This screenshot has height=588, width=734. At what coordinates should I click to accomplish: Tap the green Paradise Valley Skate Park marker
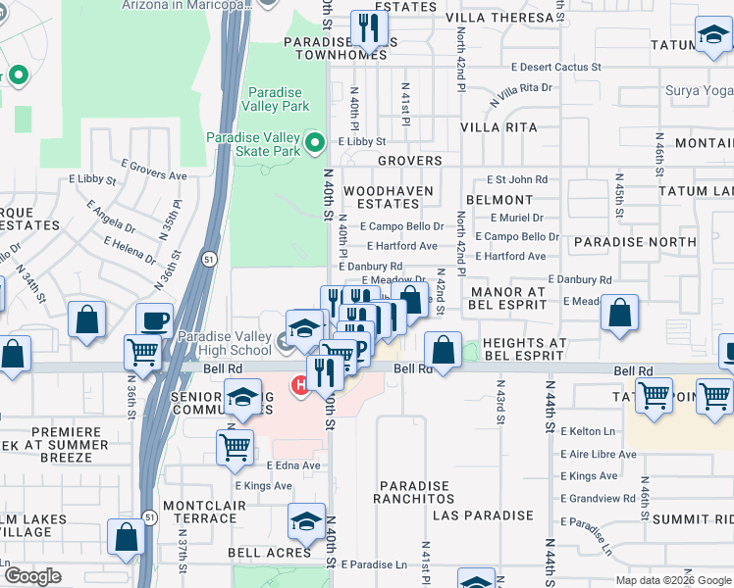click(x=314, y=144)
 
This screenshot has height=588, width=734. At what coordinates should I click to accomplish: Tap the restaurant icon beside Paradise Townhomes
click(x=369, y=27)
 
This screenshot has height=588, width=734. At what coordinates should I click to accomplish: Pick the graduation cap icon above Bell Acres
click(x=306, y=520)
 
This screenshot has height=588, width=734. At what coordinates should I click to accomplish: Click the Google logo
click(x=32, y=576)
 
